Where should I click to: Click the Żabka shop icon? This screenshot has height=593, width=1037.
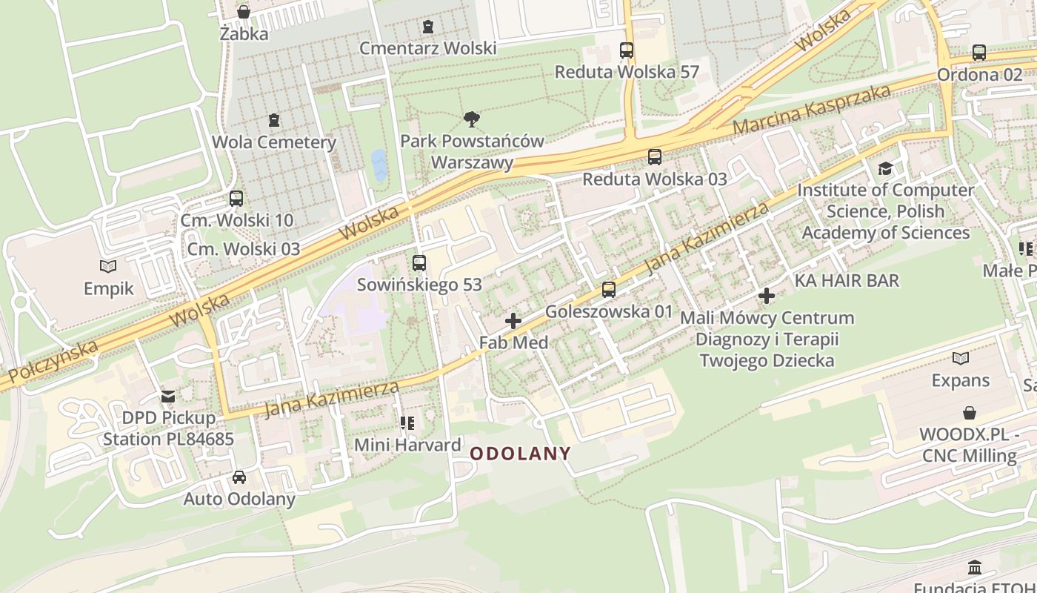pyautogui.click(x=243, y=12)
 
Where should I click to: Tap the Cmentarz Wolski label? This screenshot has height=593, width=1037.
pyautogui.click(x=427, y=48)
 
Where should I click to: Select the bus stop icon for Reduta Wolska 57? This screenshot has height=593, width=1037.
pyautogui.click(x=627, y=50)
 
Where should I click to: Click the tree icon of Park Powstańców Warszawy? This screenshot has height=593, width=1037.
pyautogui.click(x=471, y=119)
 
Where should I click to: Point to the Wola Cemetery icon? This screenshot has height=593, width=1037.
pyautogui.click(x=274, y=120)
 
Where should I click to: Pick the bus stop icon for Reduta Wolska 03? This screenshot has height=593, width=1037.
pyautogui.click(x=654, y=157)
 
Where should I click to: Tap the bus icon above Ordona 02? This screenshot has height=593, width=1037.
pyautogui.click(x=979, y=53)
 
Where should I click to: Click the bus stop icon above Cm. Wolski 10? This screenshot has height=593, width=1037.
pyautogui.click(x=236, y=199)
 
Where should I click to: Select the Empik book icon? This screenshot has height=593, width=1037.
pyautogui.click(x=108, y=266)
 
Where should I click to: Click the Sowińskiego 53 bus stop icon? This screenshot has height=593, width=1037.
pyautogui.click(x=419, y=262)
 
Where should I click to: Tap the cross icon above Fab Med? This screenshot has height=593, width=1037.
pyautogui.click(x=513, y=321)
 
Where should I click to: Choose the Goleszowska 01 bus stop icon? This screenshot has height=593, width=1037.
pyautogui.click(x=609, y=290)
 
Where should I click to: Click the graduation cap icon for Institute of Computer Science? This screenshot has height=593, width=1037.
pyautogui.click(x=885, y=168)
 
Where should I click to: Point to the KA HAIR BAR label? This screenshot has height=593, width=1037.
pyautogui.click(x=847, y=280)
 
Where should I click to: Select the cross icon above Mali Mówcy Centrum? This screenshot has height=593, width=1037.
pyautogui.click(x=767, y=296)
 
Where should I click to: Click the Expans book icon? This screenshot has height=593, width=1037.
pyautogui.click(x=961, y=359)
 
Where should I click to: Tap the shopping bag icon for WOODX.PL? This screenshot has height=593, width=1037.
pyautogui.click(x=969, y=413)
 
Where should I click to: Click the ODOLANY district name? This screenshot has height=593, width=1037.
pyautogui.click(x=521, y=454)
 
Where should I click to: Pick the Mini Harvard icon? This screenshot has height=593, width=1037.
pyautogui.click(x=407, y=423)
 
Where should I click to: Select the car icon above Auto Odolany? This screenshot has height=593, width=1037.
pyautogui.click(x=239, y=477)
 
